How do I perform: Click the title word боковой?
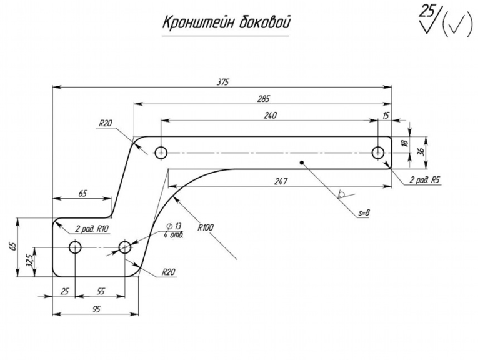265,22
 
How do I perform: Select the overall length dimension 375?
222,82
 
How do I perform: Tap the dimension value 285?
264,99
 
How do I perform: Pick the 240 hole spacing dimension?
270,116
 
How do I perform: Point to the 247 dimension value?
281,181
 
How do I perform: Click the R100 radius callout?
206,227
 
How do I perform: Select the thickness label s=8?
364,213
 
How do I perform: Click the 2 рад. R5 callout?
425,180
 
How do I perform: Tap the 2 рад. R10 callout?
92,229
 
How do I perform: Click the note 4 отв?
173,235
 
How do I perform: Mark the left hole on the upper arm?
161,152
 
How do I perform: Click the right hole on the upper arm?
378,152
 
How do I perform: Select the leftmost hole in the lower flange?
75,247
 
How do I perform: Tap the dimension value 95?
96,309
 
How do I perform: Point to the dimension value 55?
101,291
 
